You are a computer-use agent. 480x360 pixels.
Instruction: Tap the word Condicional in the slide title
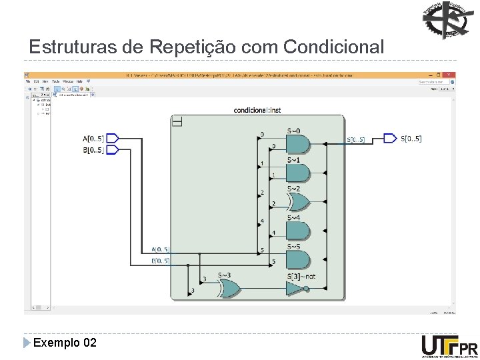click(333, 48)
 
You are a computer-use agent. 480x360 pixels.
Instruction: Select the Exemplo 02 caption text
click(65, 343)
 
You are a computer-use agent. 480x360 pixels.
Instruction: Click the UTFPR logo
click(449, 346)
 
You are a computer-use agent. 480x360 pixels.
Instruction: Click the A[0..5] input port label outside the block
click(93, 139)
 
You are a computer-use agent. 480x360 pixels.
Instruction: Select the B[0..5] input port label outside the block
click(93, 150)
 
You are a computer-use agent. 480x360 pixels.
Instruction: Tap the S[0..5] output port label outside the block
click(411, 139)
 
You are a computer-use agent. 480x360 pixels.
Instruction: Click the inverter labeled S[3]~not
click(295, 288)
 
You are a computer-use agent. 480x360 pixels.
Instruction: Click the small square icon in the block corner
click(177, 121)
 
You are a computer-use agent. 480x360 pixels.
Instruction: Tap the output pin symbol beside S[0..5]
click(389, 139)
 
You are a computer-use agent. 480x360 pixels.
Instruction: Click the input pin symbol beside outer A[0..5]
click(113, 139)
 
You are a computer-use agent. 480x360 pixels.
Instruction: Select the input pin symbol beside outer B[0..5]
click(113, 150)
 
